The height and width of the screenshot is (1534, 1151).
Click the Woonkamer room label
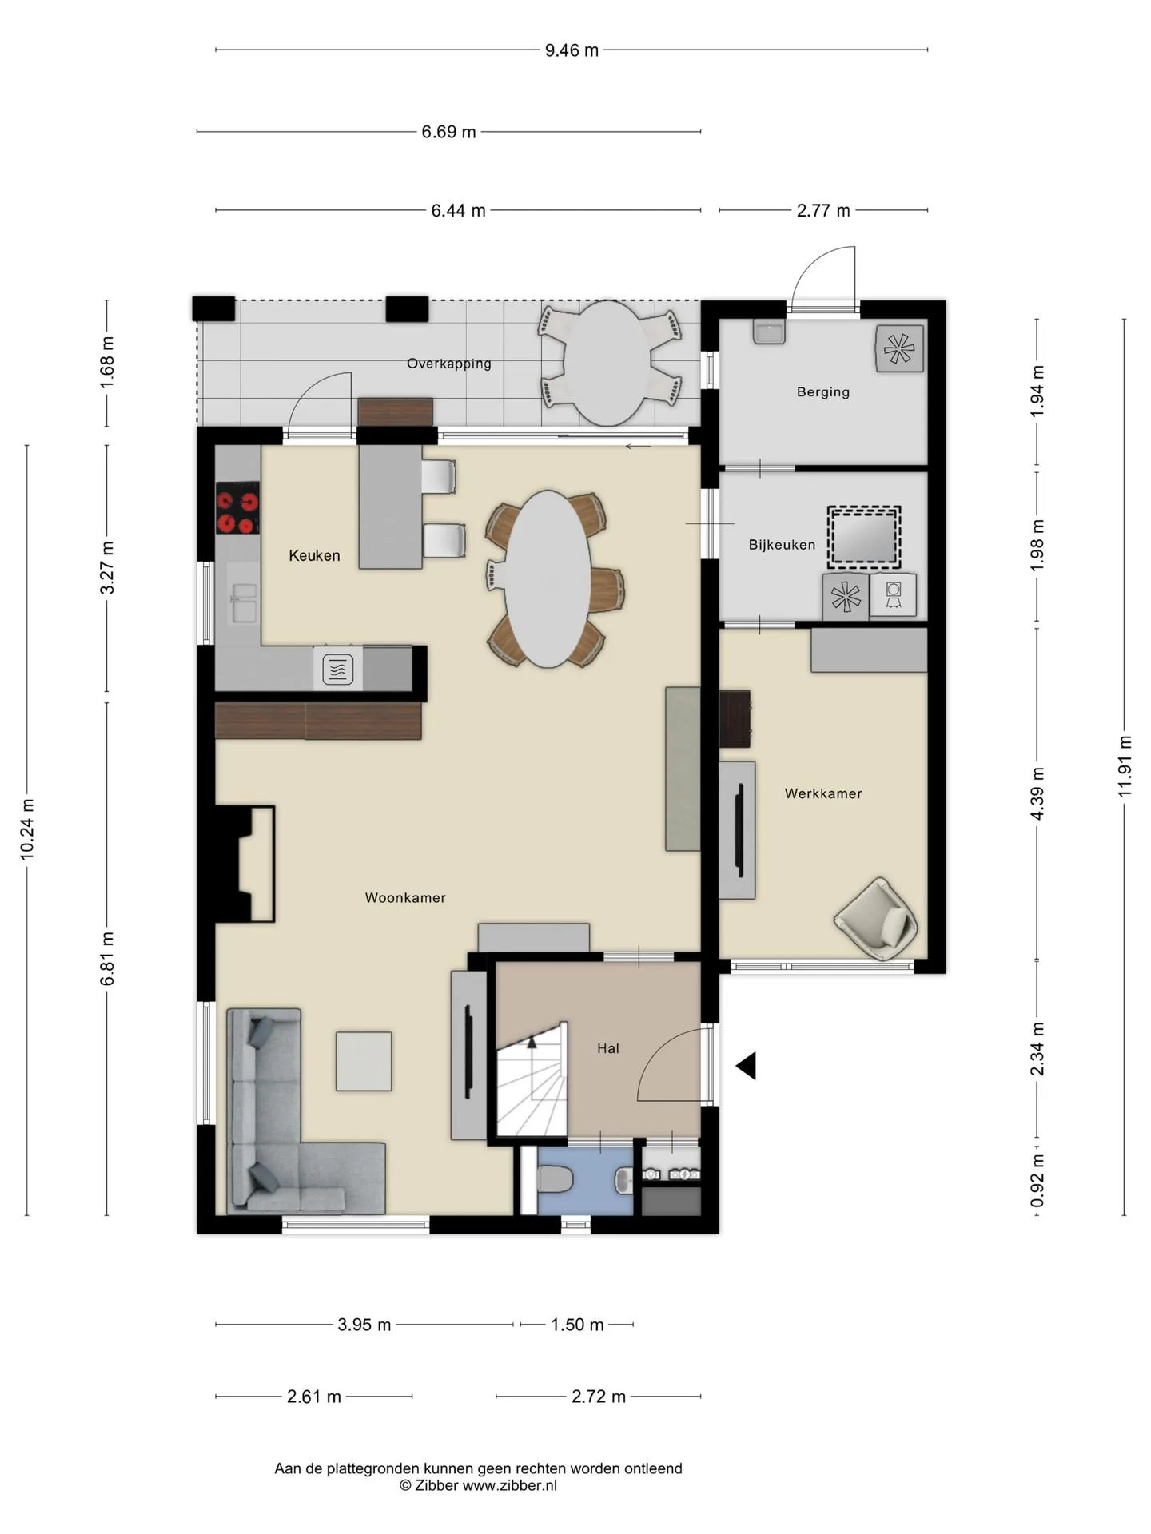point(405,897)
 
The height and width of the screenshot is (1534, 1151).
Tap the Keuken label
point(314,555)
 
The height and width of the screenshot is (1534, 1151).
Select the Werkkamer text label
point(823,793)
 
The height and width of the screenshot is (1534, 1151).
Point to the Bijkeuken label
point(782,545)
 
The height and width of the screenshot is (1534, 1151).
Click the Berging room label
point(823,391)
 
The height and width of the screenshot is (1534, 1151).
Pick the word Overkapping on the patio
point(449,364)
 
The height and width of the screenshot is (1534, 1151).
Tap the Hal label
point(608,1048)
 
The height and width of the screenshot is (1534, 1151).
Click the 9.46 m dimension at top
point(572,50)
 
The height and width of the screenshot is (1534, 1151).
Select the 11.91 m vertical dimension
point(1125,765)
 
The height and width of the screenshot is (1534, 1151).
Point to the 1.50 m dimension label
point(577,1325)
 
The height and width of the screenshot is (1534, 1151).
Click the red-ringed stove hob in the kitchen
point(237,507)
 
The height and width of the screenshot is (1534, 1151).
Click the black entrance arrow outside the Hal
point(747,1066)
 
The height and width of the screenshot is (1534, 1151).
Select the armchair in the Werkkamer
point(876,919)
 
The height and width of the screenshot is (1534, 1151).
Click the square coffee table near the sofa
point(364,1061)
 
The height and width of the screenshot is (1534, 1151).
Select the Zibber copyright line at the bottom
point(478,1485)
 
